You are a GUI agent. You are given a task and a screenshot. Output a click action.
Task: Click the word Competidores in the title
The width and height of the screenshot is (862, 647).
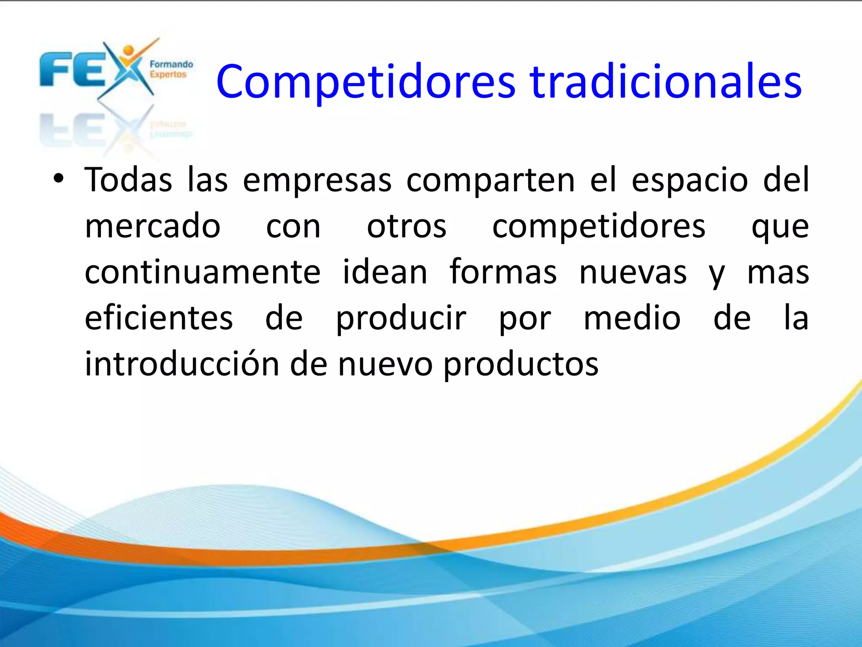tap(365, 82)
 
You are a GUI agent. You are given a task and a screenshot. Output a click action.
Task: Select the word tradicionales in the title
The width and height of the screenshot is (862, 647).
tap(666, 82)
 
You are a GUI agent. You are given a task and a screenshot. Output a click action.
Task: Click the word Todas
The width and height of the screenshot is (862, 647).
tap(128, 180)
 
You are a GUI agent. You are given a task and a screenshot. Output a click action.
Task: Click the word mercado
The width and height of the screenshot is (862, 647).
tap(153, 227)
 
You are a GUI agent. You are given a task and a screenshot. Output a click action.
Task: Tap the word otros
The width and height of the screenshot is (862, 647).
tap(407, 227)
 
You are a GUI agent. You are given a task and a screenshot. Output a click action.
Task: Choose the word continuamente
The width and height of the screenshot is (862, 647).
tap(203, 273)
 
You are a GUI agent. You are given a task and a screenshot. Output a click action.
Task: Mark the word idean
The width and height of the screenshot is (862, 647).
tap(385, 273)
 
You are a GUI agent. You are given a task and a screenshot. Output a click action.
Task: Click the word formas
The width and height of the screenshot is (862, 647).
tap(503, 273)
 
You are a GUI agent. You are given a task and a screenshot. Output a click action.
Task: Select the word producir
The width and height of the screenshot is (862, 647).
tap(401, 319)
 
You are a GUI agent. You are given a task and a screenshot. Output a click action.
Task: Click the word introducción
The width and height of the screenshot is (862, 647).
tap(182, 364)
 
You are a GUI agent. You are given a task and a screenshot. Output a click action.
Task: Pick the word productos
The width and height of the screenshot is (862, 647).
tap(521, 365)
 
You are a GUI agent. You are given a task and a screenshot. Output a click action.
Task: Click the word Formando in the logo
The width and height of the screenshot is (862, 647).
tap(171, 64)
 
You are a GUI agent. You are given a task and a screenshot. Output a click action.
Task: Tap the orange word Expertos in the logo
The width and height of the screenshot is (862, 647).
tap(168, 75)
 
